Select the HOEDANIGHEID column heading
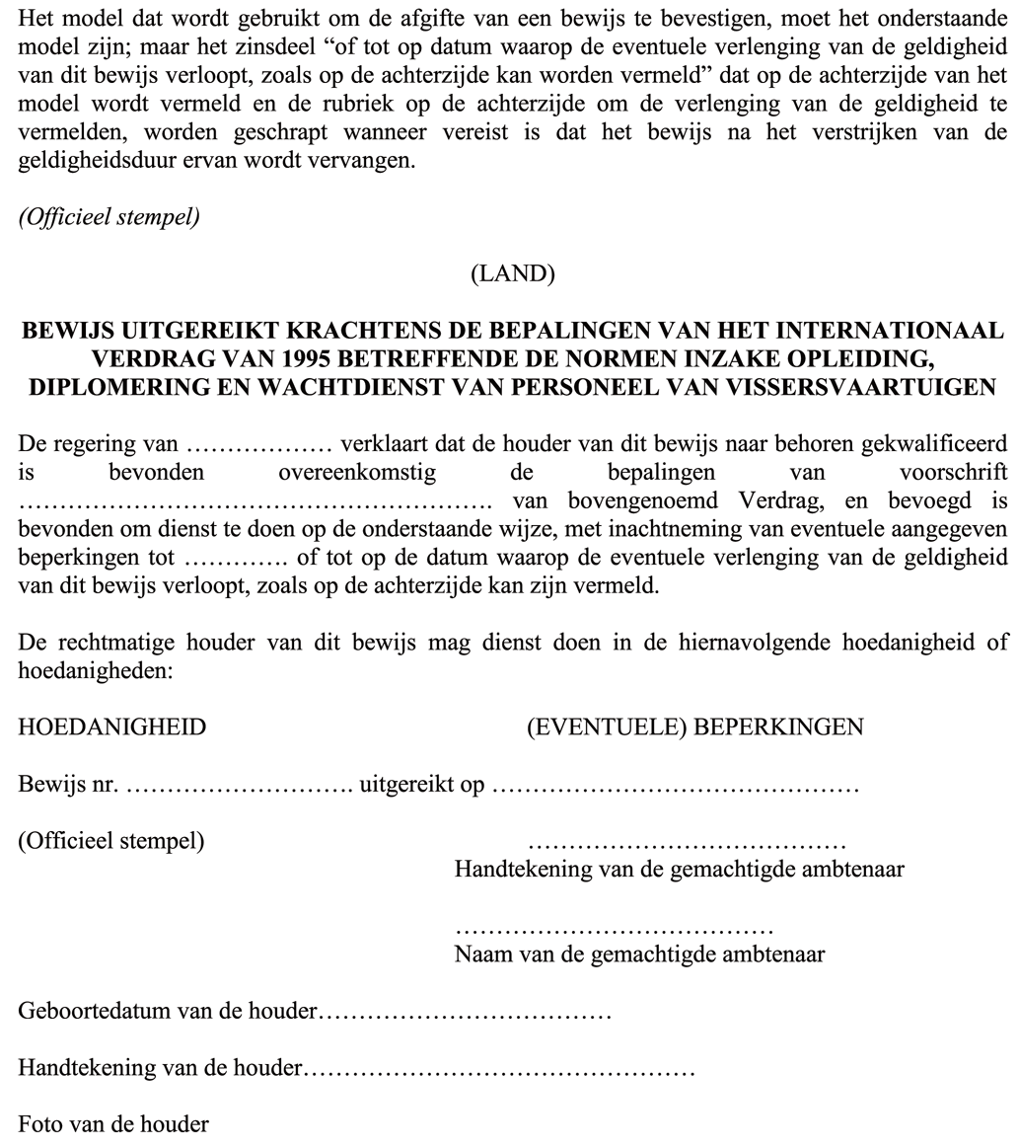112,727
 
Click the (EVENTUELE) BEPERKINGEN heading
694,727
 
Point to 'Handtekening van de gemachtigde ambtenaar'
680,870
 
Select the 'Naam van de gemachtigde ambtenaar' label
639,955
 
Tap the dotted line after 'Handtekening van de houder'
500,1068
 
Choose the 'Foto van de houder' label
113,1123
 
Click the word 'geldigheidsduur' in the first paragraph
93,161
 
